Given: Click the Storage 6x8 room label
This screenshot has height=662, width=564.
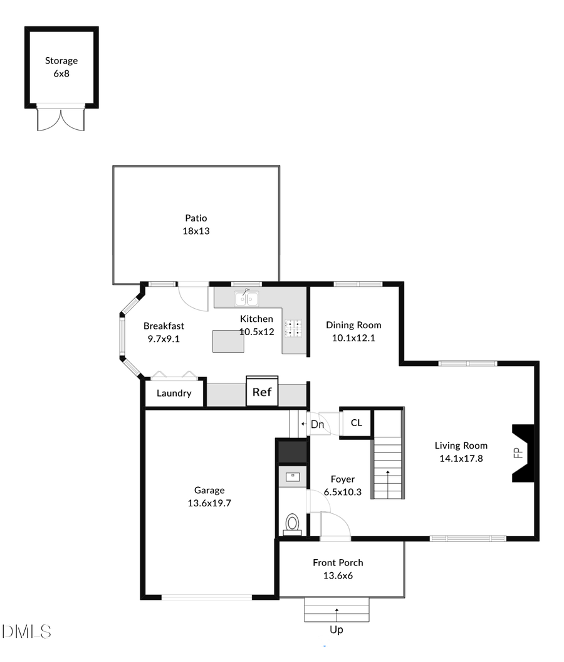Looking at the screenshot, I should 61,67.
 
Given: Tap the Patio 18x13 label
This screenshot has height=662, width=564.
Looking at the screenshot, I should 196,225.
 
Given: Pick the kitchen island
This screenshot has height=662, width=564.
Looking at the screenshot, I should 228,341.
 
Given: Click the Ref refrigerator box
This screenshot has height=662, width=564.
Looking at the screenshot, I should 262,392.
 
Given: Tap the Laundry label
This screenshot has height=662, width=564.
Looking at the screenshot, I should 174,393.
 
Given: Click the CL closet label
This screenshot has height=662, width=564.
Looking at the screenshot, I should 356,423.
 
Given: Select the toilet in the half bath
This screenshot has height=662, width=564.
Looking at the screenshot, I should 292,523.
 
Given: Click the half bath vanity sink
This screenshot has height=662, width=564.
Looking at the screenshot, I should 293,477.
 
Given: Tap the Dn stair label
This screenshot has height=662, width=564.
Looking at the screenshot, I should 317,424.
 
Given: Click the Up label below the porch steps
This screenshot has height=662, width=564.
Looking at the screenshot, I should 337,629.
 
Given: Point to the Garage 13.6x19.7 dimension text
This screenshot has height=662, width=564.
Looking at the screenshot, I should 209,503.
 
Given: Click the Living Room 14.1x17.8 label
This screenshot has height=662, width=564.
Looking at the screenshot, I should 461,452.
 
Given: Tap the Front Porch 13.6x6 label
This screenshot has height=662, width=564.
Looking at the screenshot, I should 338,569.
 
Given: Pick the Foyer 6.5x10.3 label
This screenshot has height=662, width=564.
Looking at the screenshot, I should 343,486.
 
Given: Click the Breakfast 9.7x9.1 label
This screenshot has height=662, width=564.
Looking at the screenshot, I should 164,332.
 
